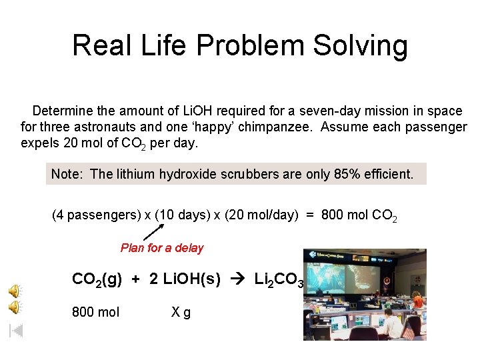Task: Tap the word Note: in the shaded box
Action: tap(67, 175)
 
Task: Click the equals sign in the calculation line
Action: tap(310, 215)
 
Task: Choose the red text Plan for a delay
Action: tap(162, 248)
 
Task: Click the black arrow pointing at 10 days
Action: tap(153, 232)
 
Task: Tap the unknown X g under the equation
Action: tap(181, 311)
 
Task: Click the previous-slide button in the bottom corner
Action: tap(16, 331)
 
